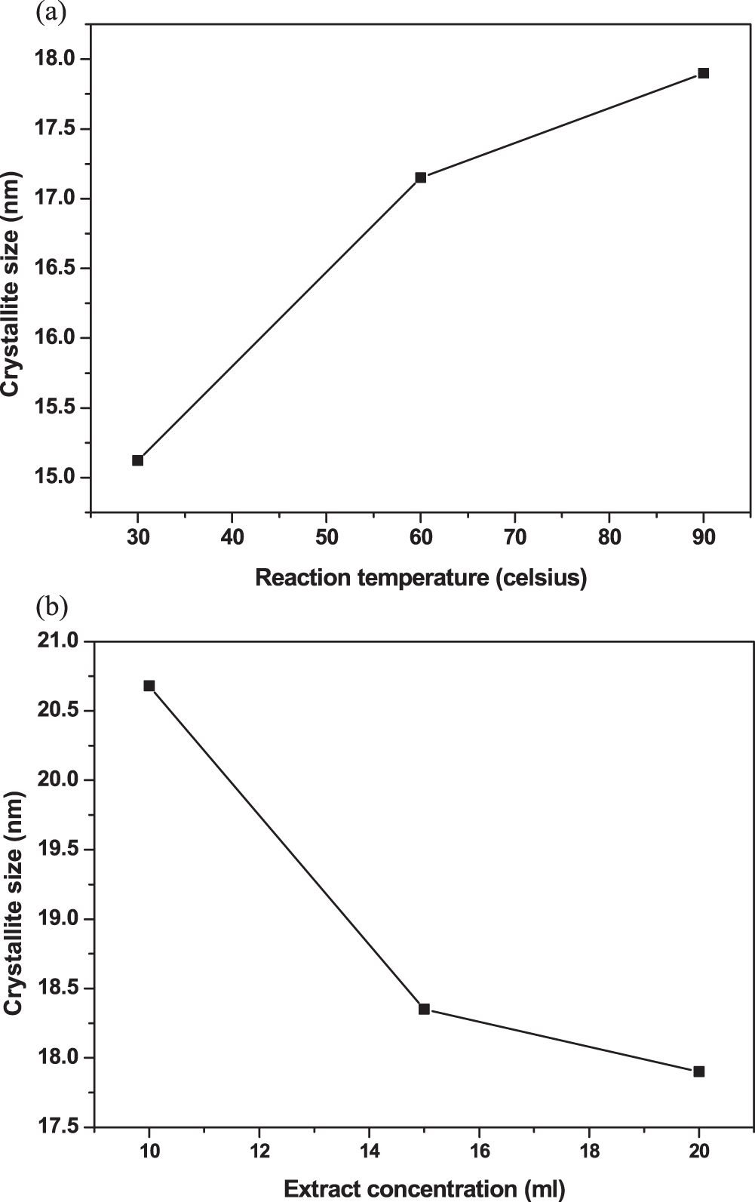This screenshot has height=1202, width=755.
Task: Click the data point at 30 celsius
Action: pos(137,460)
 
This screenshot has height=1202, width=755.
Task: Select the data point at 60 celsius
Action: pos(421,177)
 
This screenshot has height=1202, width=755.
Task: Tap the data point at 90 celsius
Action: pos(704,73)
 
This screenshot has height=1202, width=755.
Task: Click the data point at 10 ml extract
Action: pos(149,686)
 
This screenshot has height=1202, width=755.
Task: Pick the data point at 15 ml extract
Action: pos(424,1009)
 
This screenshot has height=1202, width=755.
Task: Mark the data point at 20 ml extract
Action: pos(699,1071)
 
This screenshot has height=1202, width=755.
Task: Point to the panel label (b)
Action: pos(51,606)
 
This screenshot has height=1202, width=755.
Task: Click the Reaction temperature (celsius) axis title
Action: pos(421,578)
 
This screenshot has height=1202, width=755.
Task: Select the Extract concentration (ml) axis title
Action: pos(424,1190)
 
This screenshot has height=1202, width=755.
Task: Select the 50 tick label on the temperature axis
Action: pos(326,538)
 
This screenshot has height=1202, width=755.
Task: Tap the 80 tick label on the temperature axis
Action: pos(609,538)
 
